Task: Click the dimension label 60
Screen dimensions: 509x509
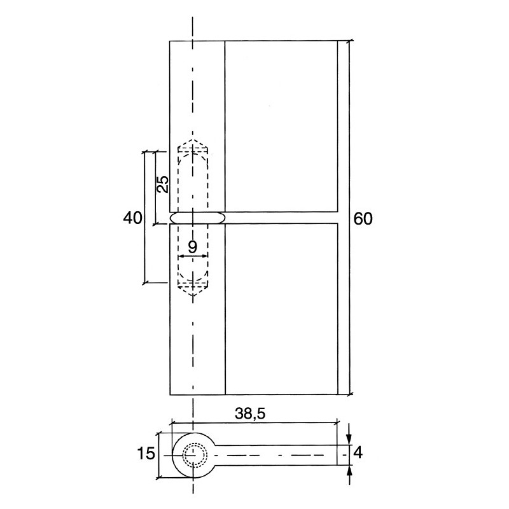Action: tap(363, 218)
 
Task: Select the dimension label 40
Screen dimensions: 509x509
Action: tap(132, 218)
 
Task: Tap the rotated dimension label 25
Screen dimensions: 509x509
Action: tap(162, 185)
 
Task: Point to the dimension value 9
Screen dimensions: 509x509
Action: tap(192, 246)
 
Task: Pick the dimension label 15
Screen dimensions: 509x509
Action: tap(146, 454)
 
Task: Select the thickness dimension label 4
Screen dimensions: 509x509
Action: tap(358, 454)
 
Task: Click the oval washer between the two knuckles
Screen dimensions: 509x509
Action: tap(197, 218)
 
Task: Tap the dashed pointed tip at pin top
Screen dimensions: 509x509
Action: tap(193, 144)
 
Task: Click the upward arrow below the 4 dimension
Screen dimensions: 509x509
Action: tap(349, 472)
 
